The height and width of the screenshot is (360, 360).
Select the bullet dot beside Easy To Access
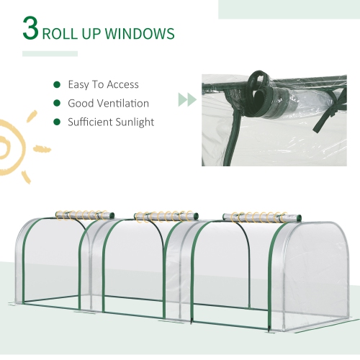(55, 84)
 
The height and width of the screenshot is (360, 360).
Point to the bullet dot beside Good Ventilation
(55, 103)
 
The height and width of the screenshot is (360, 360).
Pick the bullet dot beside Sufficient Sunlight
(55, 122)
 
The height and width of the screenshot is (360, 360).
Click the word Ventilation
(125, 103)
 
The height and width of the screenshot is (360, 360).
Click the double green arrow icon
(186, 99)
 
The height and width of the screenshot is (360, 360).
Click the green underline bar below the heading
(50, 53)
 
